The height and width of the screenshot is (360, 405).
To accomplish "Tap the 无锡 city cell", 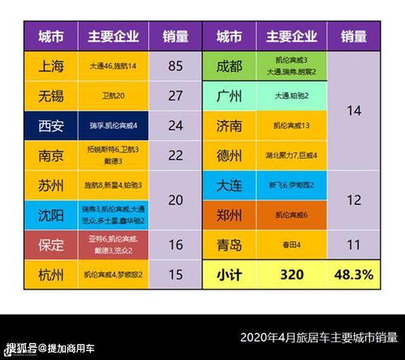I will (50, 96).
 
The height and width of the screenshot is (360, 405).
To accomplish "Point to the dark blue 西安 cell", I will (50, 126).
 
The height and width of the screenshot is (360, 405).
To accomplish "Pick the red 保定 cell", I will (50, 245).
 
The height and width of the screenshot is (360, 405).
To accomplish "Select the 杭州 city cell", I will (50, 274).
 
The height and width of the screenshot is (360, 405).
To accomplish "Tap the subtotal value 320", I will (291, 274).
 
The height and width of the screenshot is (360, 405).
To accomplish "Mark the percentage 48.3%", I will (353, 274).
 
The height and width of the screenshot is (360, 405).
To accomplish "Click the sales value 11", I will (353, 245).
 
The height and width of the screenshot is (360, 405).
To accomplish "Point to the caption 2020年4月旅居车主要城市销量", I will (318, 337).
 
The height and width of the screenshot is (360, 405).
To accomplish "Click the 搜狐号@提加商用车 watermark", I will (50, 349).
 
